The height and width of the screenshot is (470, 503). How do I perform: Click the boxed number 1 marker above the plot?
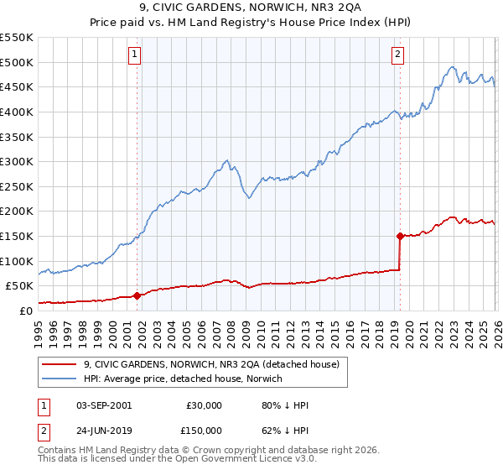pyautogui.click(x=135, y=55)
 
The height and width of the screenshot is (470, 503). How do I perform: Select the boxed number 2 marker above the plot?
pyautogui.click(x=397, y=55)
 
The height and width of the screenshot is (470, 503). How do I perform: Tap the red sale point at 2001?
pyautogui.click(x=137, y=295)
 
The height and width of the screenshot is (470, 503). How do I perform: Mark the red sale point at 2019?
pyautogui.click(x=400, y=236)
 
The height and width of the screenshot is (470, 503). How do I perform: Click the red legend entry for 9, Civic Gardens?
pyautogui.click(x=210, y=364)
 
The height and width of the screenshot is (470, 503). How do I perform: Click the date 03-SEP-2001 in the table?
pyautogui.click(x=102, y=405)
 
